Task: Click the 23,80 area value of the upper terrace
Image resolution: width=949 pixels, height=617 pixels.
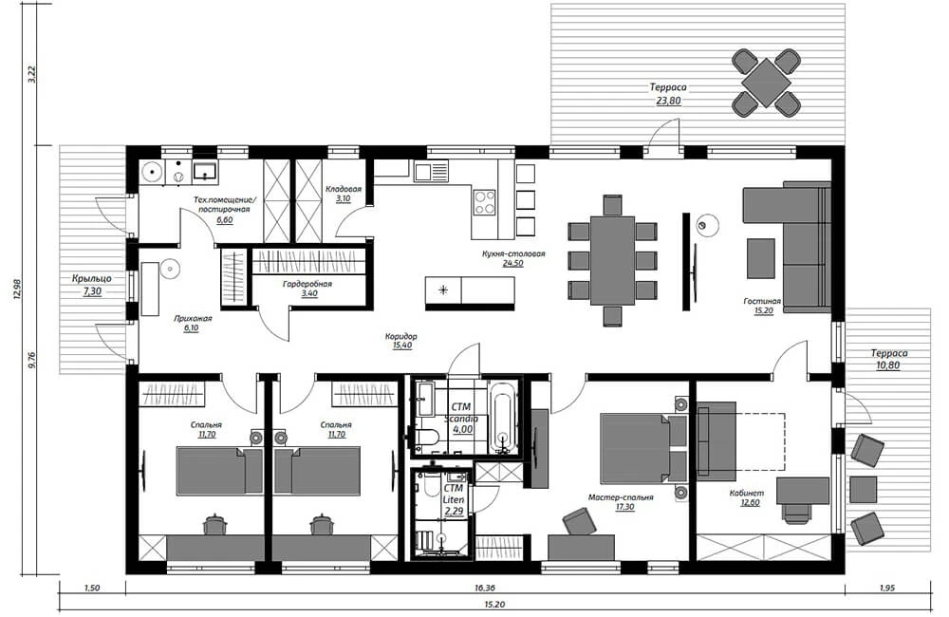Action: (668, 102)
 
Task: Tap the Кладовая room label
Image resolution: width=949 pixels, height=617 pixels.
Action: (344, 189)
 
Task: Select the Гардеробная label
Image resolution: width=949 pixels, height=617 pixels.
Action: (307, 284)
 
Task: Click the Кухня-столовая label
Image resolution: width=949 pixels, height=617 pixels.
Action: (513, 253)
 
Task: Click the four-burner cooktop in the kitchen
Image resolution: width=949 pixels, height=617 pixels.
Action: (484, 202)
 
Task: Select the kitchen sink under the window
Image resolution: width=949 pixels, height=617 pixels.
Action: (431, 171)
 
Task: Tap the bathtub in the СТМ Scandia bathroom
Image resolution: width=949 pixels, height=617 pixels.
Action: (504, 417)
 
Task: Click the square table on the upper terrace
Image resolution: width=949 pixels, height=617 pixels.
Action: (766, 83)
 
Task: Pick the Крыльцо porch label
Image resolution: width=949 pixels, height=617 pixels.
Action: (91, 278)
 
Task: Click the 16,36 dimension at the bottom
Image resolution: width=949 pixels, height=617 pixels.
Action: (485, 588)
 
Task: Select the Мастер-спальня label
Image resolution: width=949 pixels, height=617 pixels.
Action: (621, 497)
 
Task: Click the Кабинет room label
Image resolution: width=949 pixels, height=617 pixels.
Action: (746, 493)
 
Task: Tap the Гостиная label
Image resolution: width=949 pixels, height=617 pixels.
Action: (762, 301)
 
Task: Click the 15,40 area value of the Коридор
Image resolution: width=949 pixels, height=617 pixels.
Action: (401, 346)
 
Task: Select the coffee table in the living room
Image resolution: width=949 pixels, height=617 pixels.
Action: (761, 258)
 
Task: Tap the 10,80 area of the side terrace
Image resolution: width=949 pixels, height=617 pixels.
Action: (888, 365)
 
